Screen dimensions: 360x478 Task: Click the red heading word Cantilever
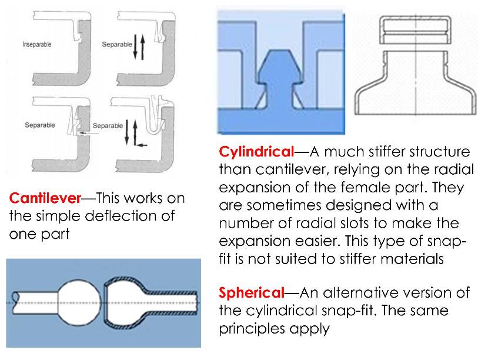click(x=40, y=199)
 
